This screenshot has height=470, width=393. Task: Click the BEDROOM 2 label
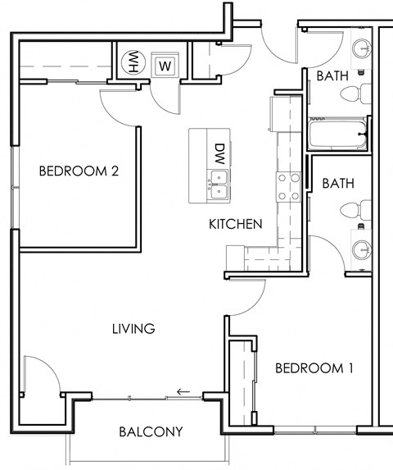(x=79, y=171)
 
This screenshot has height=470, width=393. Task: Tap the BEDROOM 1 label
(x=314, y=368)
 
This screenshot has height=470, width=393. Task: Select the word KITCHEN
(x=235, y=224)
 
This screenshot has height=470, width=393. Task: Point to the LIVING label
(x=133, y=329)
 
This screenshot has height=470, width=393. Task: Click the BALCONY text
(x=150, y=431)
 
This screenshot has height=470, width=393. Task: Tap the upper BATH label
(x=332, y=75)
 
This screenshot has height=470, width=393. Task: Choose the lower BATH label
(x=337, y=183)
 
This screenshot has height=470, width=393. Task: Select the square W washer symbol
(x=164, y=65)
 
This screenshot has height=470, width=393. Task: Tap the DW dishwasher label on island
(x=219, y=152)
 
